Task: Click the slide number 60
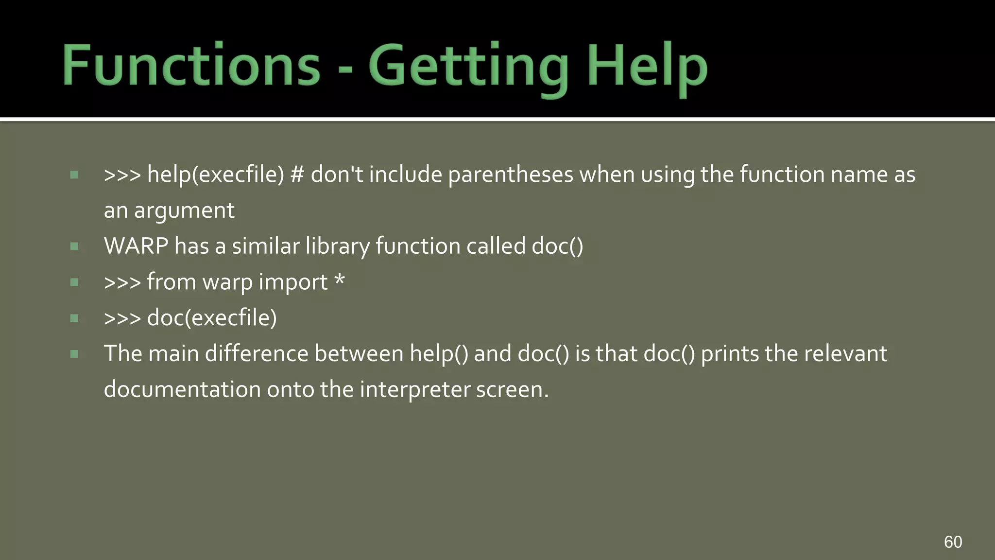[x=953, y=542]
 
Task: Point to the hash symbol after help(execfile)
[x=297, y=175]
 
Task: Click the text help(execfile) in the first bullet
[x=215, y=175]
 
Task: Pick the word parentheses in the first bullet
[x=510, y=175]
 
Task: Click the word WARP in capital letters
[x=136, y=246]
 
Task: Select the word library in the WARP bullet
[x=337, y=246]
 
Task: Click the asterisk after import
[x=340, y=280]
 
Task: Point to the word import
[x=293, y=282]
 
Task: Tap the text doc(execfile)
[x=212, y=318]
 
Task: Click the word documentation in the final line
[x=182, y=389]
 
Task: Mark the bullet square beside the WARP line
[x=74, y=246]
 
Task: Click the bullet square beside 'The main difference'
[x=74, y=354]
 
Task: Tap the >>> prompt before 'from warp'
[x=122, y=282]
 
